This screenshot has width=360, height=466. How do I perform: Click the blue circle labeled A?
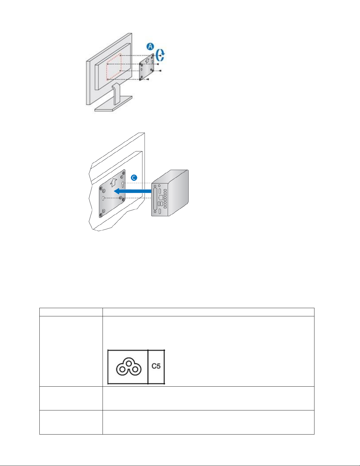click(150, 46)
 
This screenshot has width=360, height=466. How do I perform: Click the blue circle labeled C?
click(134, 178)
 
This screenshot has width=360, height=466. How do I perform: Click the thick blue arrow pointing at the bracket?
click(133, 191)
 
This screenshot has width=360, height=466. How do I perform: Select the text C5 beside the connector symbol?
click(156, 366)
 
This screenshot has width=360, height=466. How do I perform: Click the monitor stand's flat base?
click(113, 104)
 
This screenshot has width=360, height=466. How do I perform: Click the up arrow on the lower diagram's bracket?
click(113, 183)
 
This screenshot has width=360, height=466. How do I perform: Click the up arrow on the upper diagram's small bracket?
click(147, 61)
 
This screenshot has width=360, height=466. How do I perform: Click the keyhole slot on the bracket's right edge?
click(123, 184)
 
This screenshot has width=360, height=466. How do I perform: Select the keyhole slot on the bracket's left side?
click(103, 198)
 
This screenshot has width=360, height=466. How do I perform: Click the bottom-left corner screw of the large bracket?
click(101, 214)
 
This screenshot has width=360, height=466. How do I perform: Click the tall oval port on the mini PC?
click(155, 199)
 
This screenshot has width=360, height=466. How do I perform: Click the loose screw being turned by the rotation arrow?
click(160, 56)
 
